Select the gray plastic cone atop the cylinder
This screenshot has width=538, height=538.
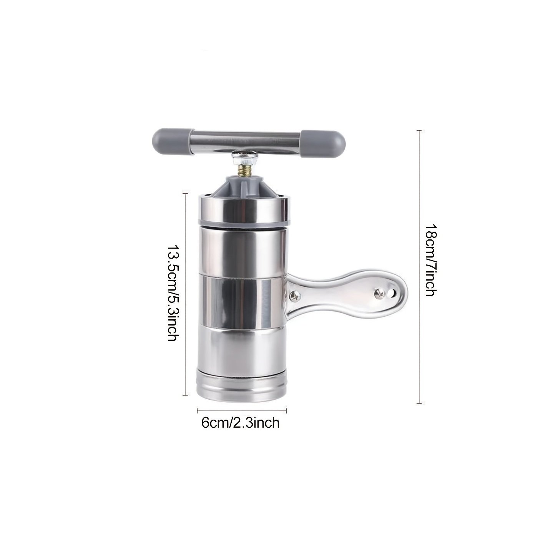[x=244, y=185]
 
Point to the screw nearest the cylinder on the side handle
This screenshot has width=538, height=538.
[x=294, y=296]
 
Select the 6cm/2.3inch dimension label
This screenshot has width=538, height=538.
[x=241, y=423]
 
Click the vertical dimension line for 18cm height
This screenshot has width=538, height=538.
[x=419, y=267]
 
